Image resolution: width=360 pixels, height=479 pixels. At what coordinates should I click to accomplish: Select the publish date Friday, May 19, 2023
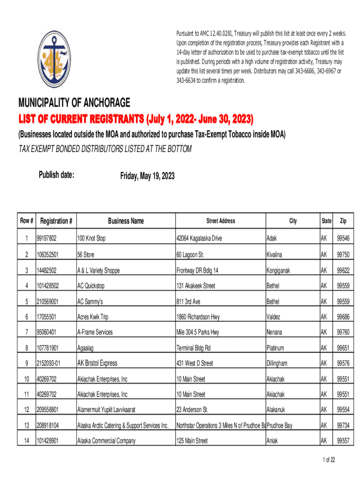coord(147,176)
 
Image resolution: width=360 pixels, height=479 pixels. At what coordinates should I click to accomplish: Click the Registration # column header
coord(56,221)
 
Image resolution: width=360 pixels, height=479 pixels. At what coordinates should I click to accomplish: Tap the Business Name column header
coord(126,221)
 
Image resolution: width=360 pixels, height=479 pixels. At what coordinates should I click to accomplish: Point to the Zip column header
coord(343,221)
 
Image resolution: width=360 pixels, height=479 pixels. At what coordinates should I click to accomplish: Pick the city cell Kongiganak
coord(281,270)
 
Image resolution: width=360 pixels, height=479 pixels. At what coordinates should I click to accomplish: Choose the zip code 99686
coord(343,317)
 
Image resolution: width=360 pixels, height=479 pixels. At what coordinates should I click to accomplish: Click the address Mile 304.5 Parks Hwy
coord(201,332)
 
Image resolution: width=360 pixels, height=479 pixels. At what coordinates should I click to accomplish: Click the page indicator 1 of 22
coord(329,460)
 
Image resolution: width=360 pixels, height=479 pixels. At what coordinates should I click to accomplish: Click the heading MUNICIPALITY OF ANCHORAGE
coord(74,103)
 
